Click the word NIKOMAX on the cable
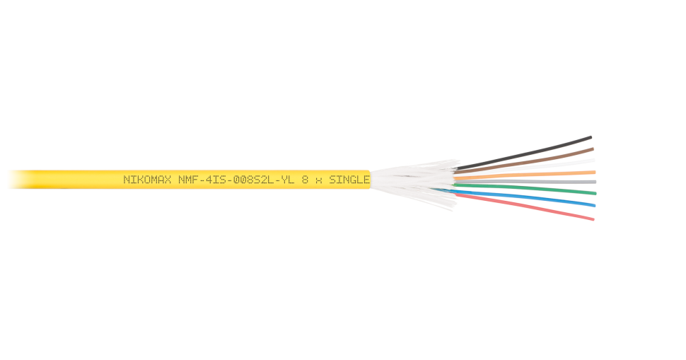coord(148,180)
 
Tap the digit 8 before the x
coord(305,180)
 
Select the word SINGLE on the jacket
coord(349,180)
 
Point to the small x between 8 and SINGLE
coord(318,180)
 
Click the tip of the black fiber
coord(591,137)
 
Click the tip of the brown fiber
coord(593,149)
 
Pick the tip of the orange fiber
coord(594,171)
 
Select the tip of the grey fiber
coord(595,182)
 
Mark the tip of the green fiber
coord(595,192)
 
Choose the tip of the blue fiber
coord(594,206)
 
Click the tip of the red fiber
coord(593,219)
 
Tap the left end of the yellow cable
coord(9,180)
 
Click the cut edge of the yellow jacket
coord(370,180)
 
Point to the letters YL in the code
coord(286,180)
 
